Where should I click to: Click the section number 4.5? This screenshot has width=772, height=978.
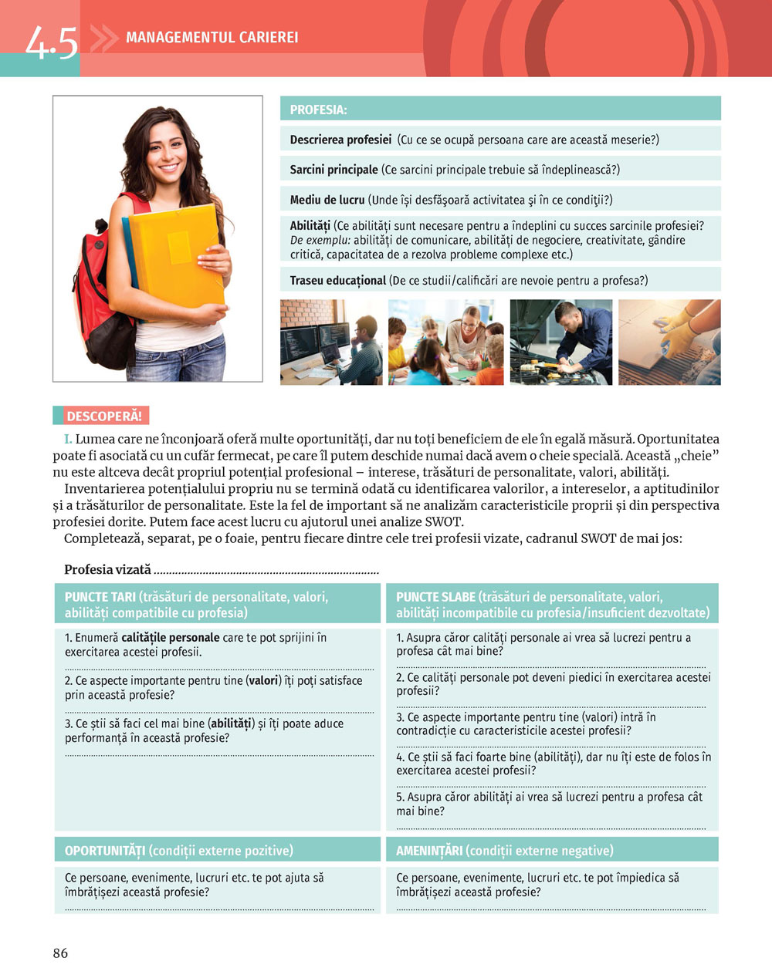51,42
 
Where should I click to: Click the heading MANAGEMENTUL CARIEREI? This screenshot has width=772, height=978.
212,37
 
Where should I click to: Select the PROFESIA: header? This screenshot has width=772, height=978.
318,110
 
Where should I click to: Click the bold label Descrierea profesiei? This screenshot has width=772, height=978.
340,140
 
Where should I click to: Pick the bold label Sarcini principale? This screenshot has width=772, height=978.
334,169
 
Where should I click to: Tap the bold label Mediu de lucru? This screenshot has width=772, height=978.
327,200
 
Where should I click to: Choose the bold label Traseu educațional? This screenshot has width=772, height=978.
337,280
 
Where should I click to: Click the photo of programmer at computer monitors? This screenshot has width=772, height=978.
330,342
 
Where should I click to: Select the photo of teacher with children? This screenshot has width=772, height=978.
445,342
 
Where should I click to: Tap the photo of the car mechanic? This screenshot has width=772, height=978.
560,342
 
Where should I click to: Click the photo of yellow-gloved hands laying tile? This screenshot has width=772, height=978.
669,342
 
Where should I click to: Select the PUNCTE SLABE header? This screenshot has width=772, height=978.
435,597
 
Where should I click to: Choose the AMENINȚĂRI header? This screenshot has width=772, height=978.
429,850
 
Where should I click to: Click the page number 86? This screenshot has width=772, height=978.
60,953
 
